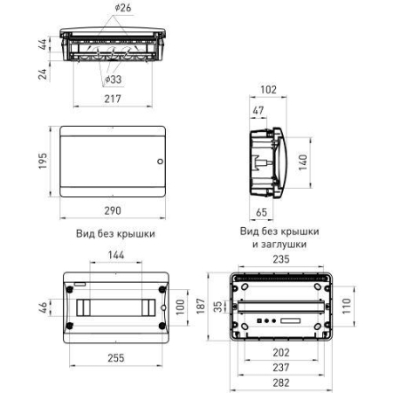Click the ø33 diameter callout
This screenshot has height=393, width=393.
(x=114, y=79)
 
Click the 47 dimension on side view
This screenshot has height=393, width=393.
(x=259, y=111)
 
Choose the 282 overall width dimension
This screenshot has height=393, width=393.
(x=280, y=382)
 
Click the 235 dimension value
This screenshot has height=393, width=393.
(x=280, y=259)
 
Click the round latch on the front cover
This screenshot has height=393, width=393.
(x=159, y=162)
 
